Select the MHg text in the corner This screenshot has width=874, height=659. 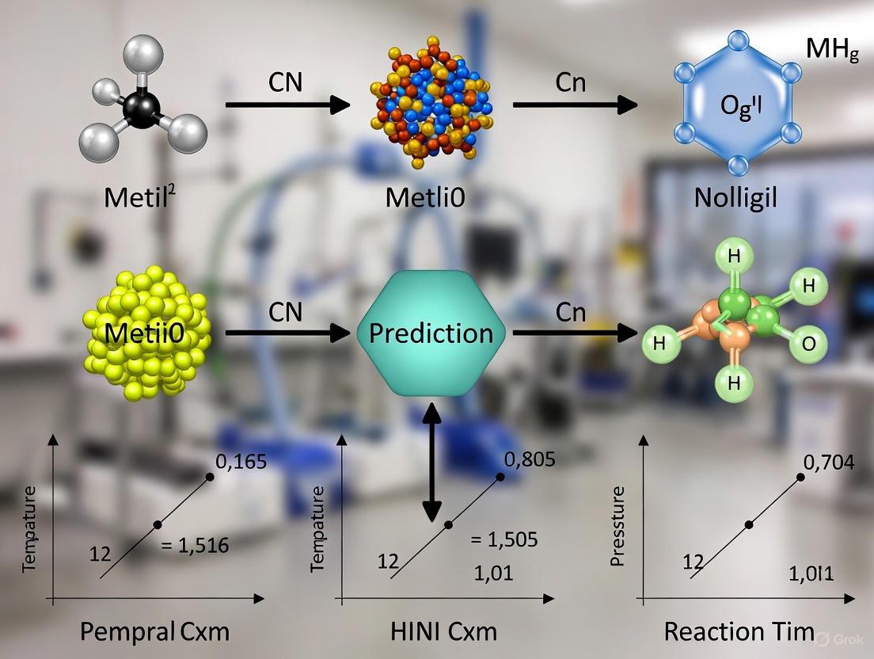click(x=832, y=50)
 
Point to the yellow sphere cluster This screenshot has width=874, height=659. click(x=146, y=332)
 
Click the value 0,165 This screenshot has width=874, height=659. click(x=246, y=459)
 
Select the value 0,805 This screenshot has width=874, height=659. click(x=529, y=459)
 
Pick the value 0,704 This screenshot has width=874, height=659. click(x=828, y=462)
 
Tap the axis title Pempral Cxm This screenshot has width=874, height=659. click(x=155, y=631)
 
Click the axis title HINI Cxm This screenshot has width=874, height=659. click(x=444, y=631)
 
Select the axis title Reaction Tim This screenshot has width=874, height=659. click(x=739, y=631)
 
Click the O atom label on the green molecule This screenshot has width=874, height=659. click(x=808, y=344)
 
